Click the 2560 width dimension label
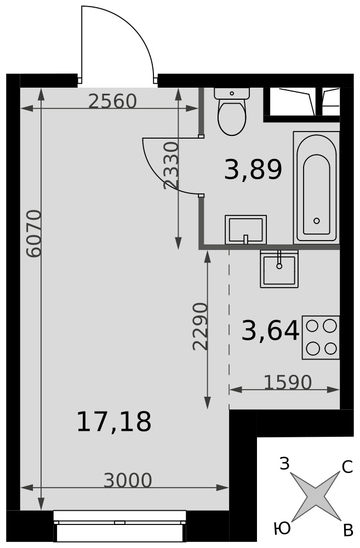(112, 101)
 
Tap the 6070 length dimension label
(35, 234)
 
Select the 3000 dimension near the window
(128, 481)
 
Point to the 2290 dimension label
(200, 327)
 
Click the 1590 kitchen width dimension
(287, 383)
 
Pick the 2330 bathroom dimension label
(172, 165)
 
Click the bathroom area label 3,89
(253, 169)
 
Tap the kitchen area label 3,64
(270, 330)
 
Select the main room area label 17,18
(114, 421)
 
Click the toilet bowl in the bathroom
(232, 117)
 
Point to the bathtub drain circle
(317, 220)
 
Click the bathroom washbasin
(245, 230)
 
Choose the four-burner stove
(321, 337)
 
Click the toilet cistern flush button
(232, 93)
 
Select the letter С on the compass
(347, 467)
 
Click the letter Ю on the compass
(282, 529)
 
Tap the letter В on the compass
(348, 531)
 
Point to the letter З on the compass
(285, 464)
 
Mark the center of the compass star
(316, 496)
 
